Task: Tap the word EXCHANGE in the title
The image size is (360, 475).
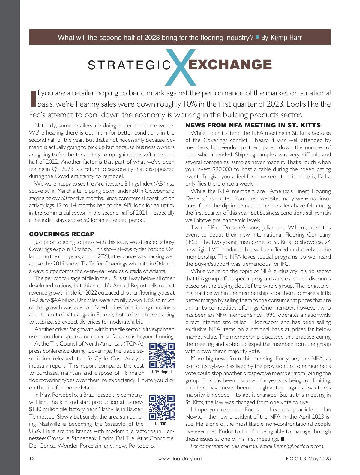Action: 230,65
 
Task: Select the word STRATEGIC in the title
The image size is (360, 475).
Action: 129,65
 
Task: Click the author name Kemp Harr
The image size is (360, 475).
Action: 286,38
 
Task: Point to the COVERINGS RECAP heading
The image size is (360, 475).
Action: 62,234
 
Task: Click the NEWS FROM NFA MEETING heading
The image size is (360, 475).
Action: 253,125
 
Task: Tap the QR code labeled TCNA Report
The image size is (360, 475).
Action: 162,355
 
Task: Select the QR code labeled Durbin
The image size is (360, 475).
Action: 162,407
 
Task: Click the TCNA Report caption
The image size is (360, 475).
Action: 161,371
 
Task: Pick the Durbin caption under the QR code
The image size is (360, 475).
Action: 161,423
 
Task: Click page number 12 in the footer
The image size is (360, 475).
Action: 32,458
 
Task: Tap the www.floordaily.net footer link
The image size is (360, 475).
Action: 180,458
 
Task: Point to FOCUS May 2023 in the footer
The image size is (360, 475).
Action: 308,458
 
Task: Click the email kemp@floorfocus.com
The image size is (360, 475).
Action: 299,446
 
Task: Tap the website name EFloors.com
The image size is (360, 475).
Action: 264,322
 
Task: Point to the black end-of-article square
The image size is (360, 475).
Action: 282,439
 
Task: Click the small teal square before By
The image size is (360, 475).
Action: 257,38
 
